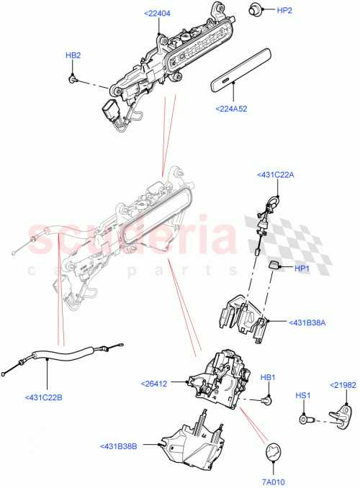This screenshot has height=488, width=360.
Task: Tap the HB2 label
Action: (73, 55)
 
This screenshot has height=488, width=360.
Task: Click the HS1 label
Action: (302, 396)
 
